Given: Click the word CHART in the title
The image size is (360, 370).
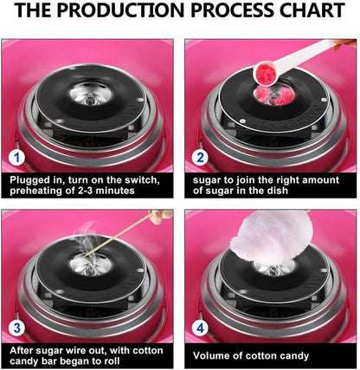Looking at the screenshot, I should [304, 13].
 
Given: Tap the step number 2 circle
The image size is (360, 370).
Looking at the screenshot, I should [200, 159].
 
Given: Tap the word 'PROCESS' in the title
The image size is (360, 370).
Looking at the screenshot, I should [226, 13].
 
